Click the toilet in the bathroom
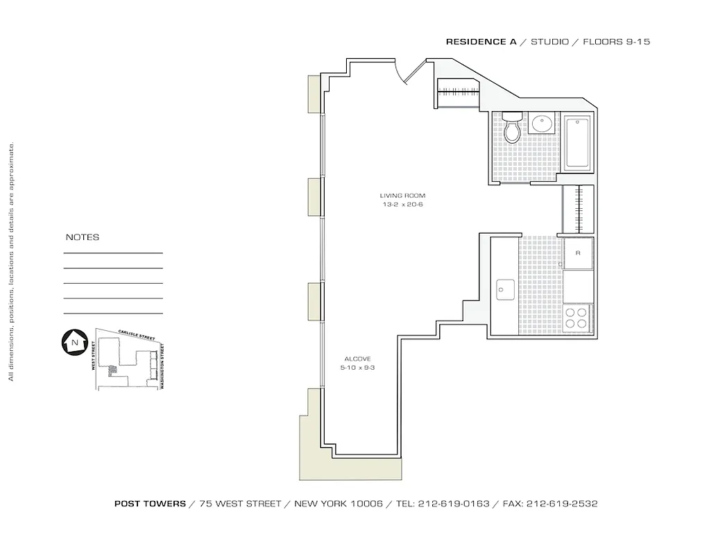tap(513, 128)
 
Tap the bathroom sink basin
tap(540, 125)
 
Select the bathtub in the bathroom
tap(577, 144)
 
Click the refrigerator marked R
tap(577, 254)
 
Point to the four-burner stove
tap(576, 318)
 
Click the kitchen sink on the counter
tap(504, 289)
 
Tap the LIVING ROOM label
tap(402, 196)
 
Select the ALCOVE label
tap(357, 359)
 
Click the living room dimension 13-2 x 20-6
tap(402, 205)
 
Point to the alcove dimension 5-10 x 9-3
tap(359, 368)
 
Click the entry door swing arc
tap(405, 74)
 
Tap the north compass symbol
tap(73, 341)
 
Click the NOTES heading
tap(83, 237)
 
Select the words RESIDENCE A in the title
tap(481, 42)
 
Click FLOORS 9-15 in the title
tap(616, 42)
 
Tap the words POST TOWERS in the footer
tap(150, 504)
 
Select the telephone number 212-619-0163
tap(443, 504)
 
